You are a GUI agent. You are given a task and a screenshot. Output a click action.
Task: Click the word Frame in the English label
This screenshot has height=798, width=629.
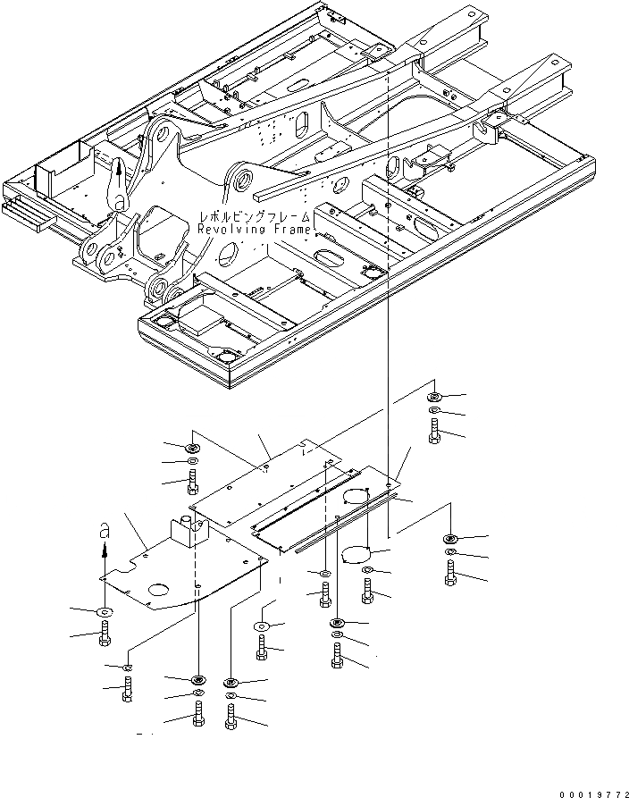[290, 230]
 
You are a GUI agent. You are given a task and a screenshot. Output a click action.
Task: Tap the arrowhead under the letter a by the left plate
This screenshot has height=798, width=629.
[104, 554]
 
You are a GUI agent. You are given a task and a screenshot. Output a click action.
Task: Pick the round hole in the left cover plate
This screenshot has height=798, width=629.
[158, 591]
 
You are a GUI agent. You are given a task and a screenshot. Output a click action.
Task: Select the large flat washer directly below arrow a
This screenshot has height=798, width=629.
[104, 612]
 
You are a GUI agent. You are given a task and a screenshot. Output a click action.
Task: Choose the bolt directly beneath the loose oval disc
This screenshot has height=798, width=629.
[368, 590]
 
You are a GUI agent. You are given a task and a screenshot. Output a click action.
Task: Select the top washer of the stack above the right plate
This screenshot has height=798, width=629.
[433, 396]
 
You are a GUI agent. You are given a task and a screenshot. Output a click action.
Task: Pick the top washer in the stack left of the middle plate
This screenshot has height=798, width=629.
[191, 446]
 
